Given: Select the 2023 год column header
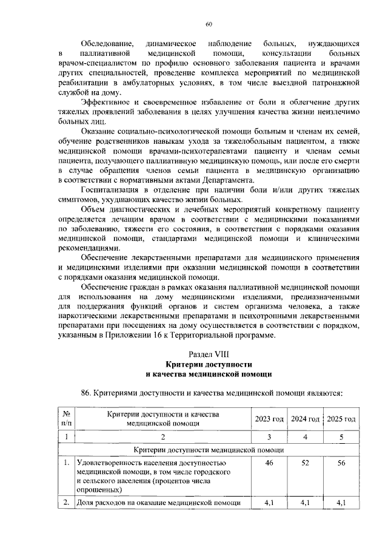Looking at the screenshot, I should [269, 419].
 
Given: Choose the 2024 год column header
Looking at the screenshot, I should [305, 419].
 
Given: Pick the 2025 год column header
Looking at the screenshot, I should [341, 419].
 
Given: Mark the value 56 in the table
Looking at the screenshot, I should [341, 463].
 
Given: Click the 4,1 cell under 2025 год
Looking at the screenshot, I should [341, 503].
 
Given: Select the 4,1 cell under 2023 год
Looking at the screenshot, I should [269, 503].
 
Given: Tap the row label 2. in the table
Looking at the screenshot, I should [66, 503].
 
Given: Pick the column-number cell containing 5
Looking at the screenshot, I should [341, 436].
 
